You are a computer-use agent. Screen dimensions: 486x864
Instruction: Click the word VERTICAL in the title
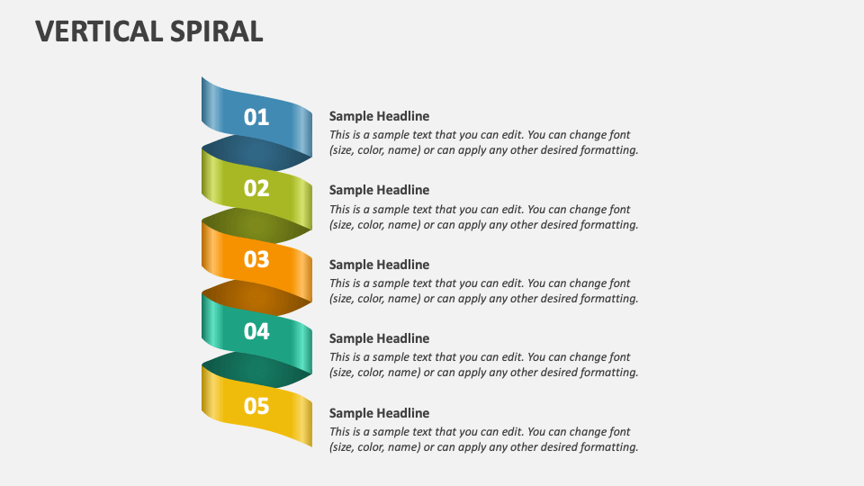(96, 31)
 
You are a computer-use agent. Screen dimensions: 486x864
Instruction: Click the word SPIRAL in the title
(213, 31)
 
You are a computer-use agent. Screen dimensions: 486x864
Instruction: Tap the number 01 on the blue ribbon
(256, 117)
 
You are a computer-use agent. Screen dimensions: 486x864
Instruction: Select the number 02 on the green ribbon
(256, 188)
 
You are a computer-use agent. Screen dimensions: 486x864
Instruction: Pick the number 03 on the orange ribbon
(256, 259)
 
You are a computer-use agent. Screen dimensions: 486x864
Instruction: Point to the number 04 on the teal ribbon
(256, 331)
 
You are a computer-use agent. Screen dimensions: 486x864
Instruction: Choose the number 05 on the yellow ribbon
(256, 406)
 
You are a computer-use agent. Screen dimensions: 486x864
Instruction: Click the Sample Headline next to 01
(379, 116)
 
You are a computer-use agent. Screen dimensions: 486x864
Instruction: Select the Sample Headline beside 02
(379, 190)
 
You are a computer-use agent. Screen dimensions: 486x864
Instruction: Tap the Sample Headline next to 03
(379, 265)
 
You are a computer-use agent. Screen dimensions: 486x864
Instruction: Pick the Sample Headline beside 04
(379, 338)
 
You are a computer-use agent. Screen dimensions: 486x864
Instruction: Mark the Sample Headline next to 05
(379, 413)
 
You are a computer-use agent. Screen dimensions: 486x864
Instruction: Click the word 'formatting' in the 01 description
(608, 150)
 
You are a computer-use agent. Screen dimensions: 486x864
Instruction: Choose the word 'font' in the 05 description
(619, 432)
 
